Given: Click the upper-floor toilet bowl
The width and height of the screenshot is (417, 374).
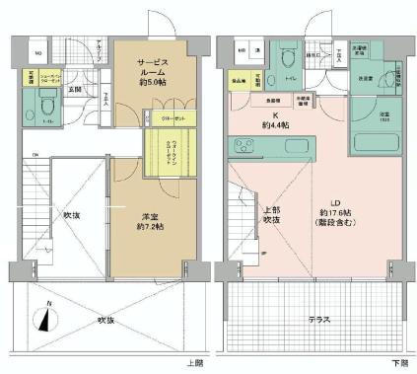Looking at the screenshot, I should tap(47, 102).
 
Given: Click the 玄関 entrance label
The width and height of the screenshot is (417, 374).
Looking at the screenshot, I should tap(74, 90).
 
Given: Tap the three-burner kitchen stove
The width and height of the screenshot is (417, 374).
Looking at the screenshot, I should tap(243, 148).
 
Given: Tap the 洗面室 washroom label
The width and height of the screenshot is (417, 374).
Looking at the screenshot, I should tap(365, 76).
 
